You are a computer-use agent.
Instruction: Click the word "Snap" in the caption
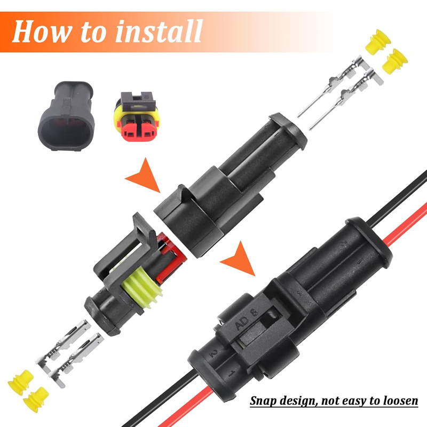tap(263, 401)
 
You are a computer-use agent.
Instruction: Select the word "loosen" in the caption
tap(401, 401)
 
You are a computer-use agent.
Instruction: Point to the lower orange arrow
tap(240, 259)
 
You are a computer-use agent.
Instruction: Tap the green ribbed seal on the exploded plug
tap(141, 288)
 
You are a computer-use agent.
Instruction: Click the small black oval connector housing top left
tap(67, 116)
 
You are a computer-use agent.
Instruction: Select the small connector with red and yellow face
tap(138, 116)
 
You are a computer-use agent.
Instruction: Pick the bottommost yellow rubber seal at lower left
tap(36, 399)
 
